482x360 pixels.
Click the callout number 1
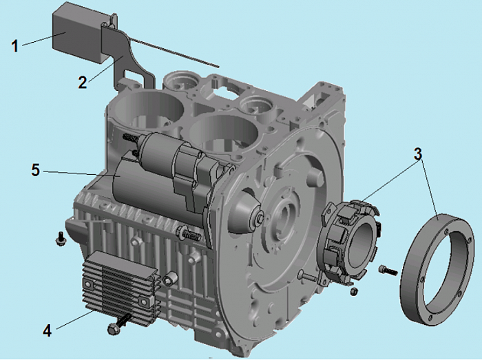[14, 46]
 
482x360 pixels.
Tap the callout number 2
[82, 83]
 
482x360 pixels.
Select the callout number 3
[417, 154]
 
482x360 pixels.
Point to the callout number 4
[47, 331]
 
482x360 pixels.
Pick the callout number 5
[36, 170]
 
